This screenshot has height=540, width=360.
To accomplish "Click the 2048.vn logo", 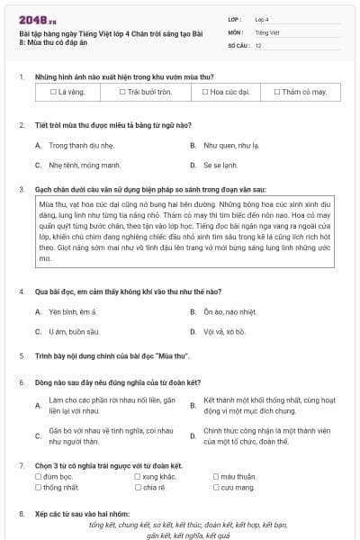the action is click(39, 20).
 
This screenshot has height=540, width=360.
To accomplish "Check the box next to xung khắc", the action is click(137, 476).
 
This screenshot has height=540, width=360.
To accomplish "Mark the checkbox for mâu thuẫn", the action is click(216, 476).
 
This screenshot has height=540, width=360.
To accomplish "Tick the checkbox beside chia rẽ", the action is click(137, 487).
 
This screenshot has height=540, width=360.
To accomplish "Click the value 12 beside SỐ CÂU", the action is click(258, 44).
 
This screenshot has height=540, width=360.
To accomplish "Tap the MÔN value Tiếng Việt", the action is click(266, 31).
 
